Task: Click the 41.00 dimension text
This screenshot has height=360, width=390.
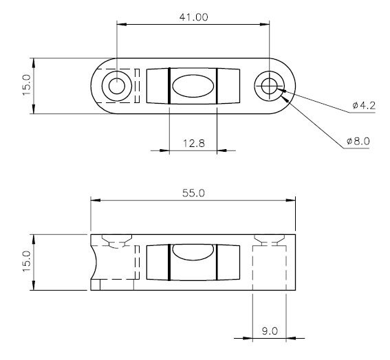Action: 193,17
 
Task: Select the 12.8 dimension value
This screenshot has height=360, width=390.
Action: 193,142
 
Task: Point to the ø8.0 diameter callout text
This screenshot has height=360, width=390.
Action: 358,141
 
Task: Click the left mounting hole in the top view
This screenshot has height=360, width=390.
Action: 116,87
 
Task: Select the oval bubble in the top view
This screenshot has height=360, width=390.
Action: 193,87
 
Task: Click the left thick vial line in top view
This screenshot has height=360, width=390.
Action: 169,87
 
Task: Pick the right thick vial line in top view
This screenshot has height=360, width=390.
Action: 217,87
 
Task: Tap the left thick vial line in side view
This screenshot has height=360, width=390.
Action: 169,262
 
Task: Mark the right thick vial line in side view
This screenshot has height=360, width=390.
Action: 217,262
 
